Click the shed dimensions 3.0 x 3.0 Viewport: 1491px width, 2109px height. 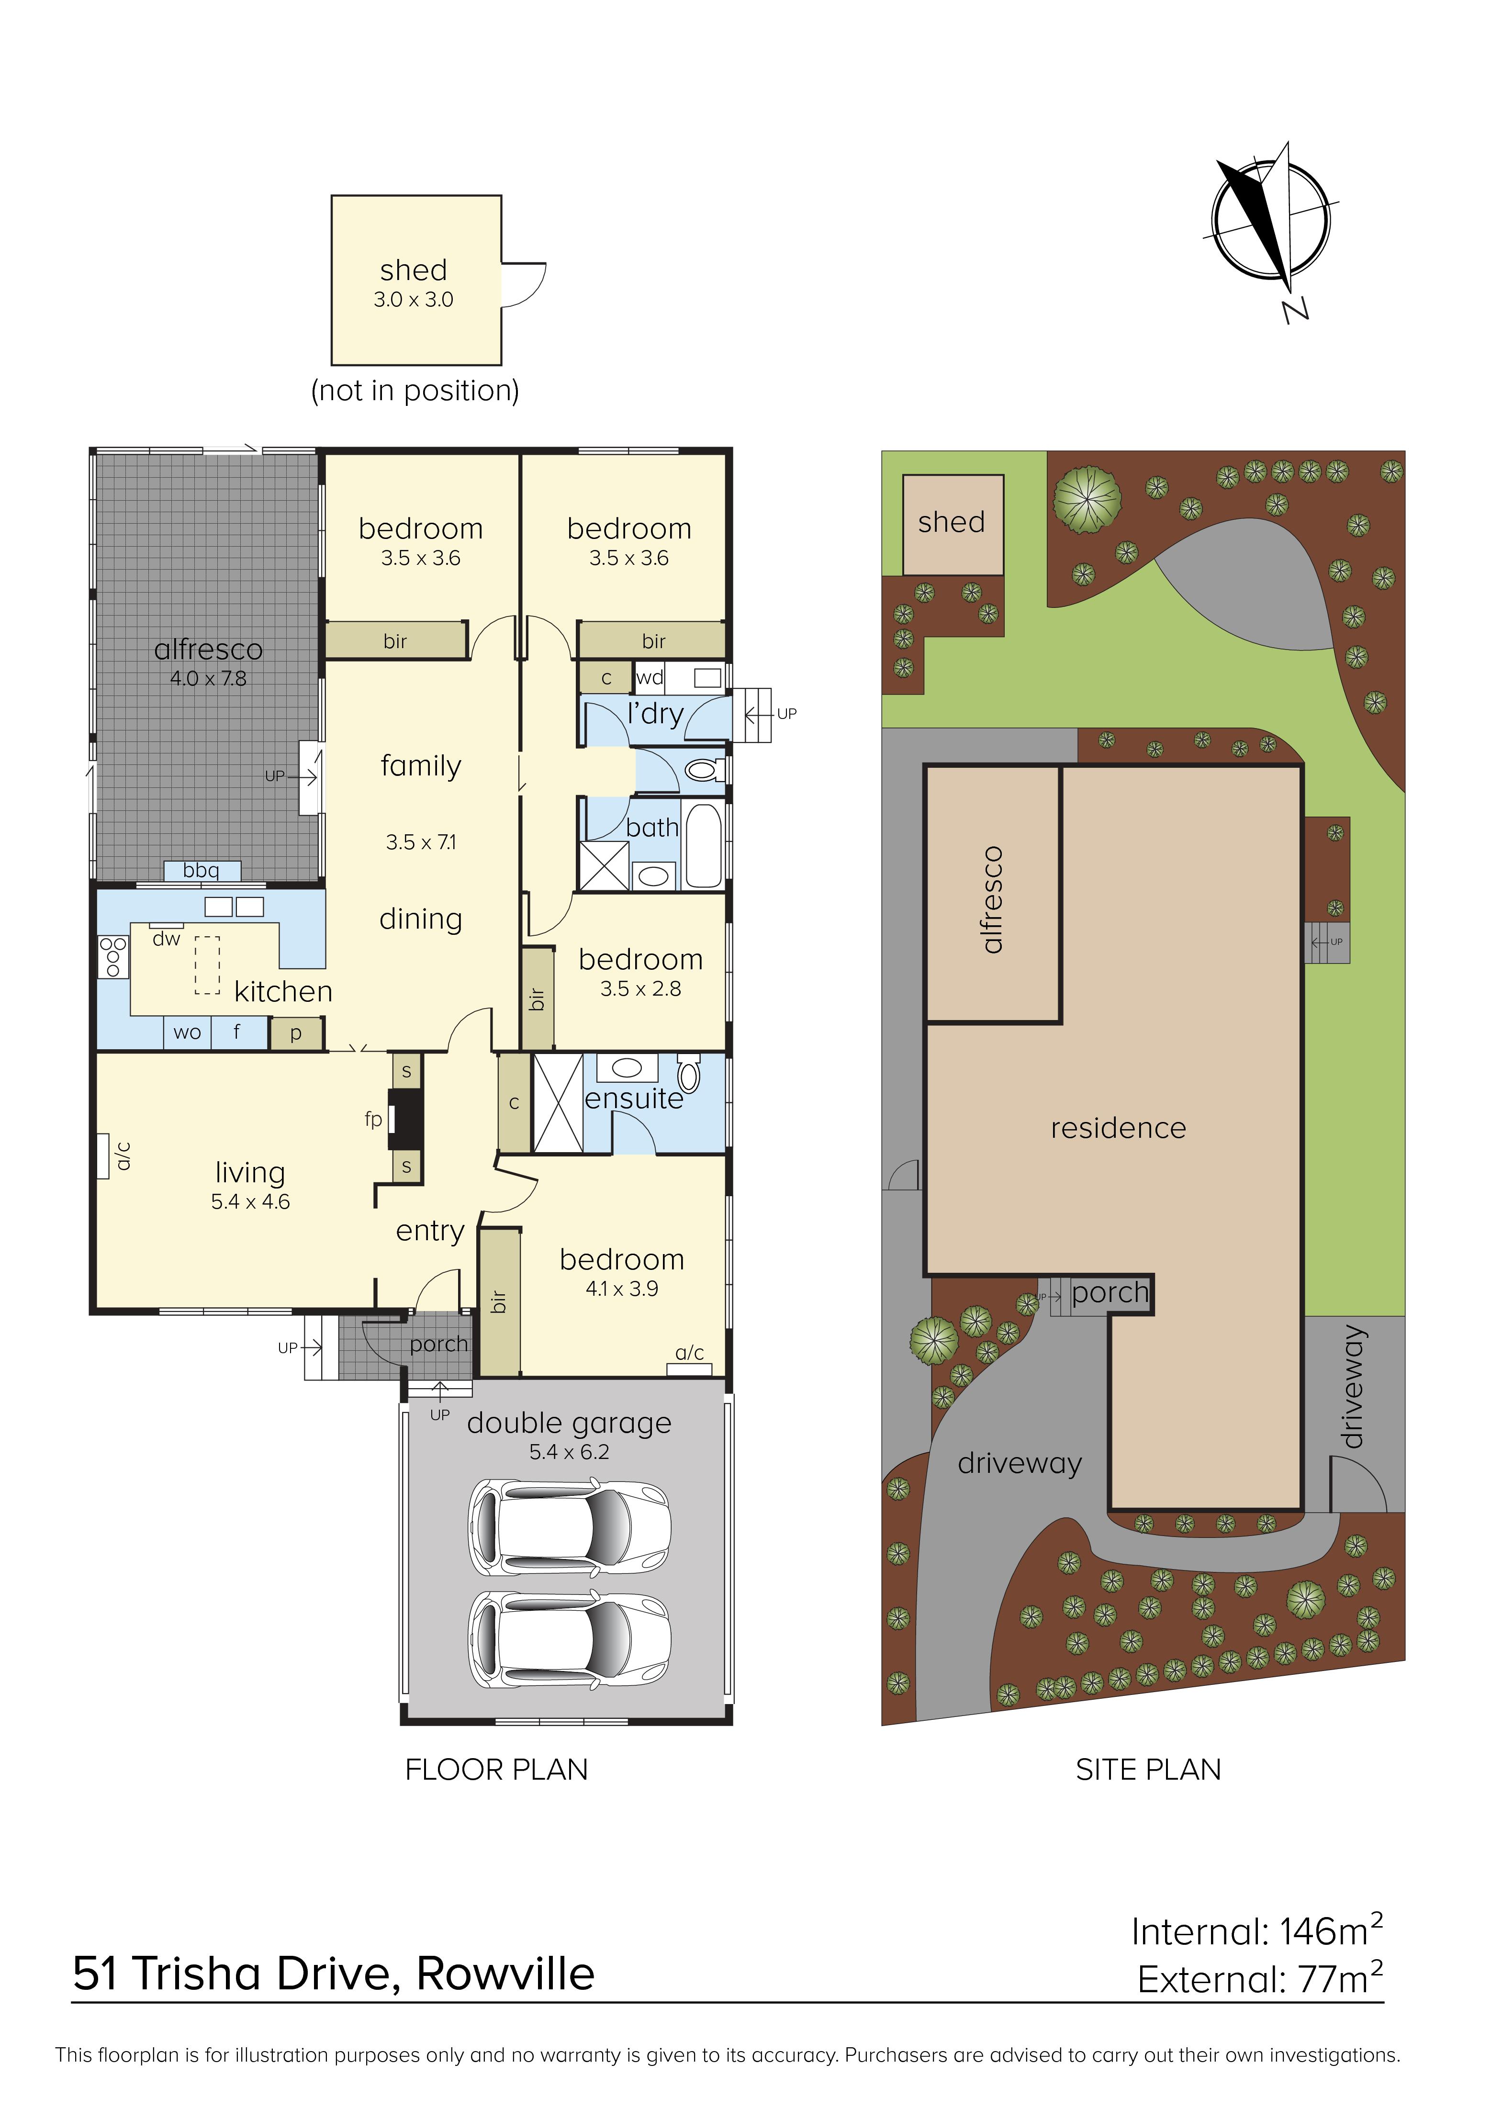click(414, 300)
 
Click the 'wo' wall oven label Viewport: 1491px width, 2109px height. click(188, 1032)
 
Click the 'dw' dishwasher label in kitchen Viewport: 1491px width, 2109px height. click(166, 939)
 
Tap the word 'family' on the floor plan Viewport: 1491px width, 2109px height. click(421, 766)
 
